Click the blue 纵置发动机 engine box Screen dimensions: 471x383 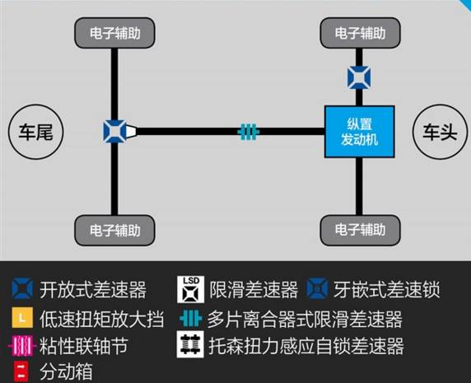(x=360, y=132)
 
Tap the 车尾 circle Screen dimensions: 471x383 (x=35, y=132)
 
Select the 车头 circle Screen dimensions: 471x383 (x=440, y=132)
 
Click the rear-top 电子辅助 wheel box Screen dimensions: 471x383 (x=114, y=33)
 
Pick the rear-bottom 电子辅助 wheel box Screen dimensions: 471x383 (x=114, y=230)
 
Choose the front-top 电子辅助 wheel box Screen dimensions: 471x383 (x=360, y=33)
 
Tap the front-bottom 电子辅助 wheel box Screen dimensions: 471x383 (x=360, y=230)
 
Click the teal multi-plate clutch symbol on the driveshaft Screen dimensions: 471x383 (x=249, y=132)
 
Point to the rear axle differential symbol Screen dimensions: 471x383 (x=114, y=131)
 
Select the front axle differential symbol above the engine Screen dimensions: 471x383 (x=359, y=77)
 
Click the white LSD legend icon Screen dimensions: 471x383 (x=190, y=289)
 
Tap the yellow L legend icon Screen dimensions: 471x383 (x=22, y=317)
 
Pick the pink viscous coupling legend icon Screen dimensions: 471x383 (x=22, y=346)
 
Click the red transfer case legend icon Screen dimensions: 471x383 (x=21, y=371)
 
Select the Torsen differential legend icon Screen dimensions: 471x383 (x=190, y=344)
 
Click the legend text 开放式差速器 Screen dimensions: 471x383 (x=93, y=290)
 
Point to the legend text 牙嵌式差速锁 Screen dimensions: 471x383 (x=387, y=290)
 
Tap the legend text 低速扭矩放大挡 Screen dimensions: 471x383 (x=102, y=319)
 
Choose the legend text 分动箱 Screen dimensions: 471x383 (x=66, y=371)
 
